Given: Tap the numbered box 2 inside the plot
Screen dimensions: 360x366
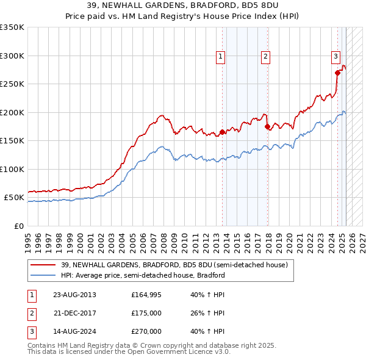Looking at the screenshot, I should [x=266, y=57].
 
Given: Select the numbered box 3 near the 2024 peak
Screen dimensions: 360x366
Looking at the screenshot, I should [x=335, y=57].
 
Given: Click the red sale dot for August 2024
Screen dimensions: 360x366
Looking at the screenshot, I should [x=337, y=73].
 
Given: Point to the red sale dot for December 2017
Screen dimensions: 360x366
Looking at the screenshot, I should [x=268, y=127].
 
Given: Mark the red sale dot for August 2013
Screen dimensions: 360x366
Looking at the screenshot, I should [x=222, y=132].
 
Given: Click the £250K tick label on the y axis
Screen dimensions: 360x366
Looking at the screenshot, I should [x=12, y=84].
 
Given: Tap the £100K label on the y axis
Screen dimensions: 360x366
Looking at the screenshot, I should [x=12, y=169].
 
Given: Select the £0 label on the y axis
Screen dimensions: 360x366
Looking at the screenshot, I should [x=19, y=226].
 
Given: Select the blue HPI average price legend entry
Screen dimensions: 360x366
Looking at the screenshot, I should [x=143, y=275].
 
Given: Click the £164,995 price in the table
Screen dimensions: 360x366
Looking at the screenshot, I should [x=146, y=295].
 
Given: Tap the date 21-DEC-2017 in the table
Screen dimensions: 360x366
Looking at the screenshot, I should [x=74, y=313].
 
